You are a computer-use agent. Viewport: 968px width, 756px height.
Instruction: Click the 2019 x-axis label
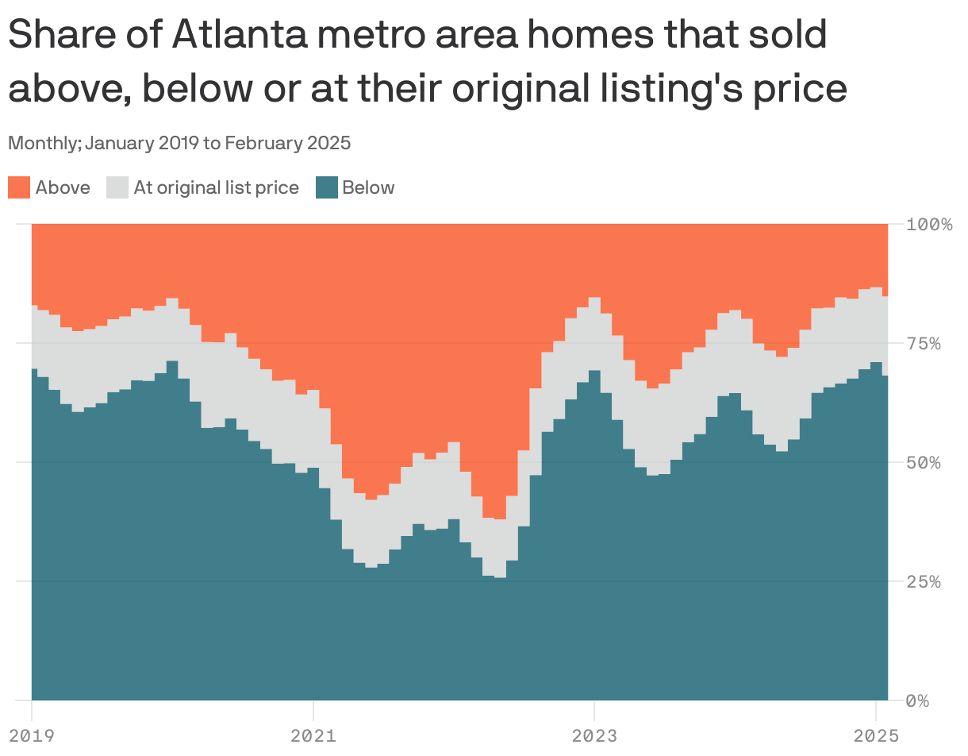click(x=32, y=736)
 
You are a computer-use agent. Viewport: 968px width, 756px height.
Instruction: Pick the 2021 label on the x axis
click(x=313, y=736)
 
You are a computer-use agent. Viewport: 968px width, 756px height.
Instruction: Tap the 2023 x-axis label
click(x=594, y=736)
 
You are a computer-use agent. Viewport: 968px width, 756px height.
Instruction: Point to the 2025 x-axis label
click(x=875, y=736)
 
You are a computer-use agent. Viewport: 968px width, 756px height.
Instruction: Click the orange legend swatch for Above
click(x=19, y=188)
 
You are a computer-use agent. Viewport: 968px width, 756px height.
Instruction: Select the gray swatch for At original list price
click(x=117, y=188)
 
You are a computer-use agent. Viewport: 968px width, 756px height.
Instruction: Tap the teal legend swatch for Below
click(x=327, y=188)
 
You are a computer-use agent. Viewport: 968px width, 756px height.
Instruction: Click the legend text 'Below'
click(x=368, y=188)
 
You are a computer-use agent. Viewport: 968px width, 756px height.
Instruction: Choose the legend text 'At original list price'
click(x=216, y=188)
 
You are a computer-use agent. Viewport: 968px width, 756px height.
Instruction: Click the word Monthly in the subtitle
click(x=42, y=144)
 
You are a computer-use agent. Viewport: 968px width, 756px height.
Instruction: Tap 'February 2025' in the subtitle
click(x=287, y=144)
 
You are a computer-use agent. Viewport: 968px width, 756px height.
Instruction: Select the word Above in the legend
click(x=63, y=188)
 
